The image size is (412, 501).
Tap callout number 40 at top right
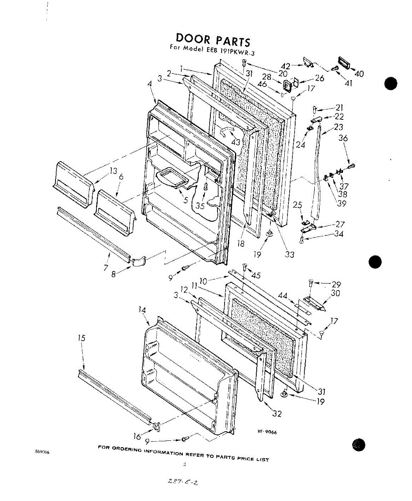[359, 74]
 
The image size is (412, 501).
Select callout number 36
[343, 138]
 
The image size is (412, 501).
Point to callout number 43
[236, 142]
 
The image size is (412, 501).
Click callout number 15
[82, 338]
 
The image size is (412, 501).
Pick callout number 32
[277, 414]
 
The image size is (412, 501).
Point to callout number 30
[335, 293]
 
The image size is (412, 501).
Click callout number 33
[290, 254]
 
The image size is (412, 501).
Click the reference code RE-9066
[267, 433]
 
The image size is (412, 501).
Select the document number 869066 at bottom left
[43, 452]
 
